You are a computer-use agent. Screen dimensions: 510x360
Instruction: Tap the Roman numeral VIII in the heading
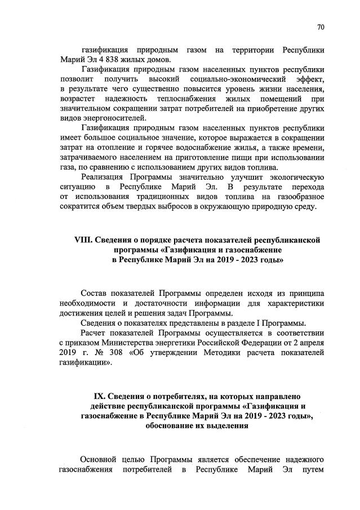pos(83,240)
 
